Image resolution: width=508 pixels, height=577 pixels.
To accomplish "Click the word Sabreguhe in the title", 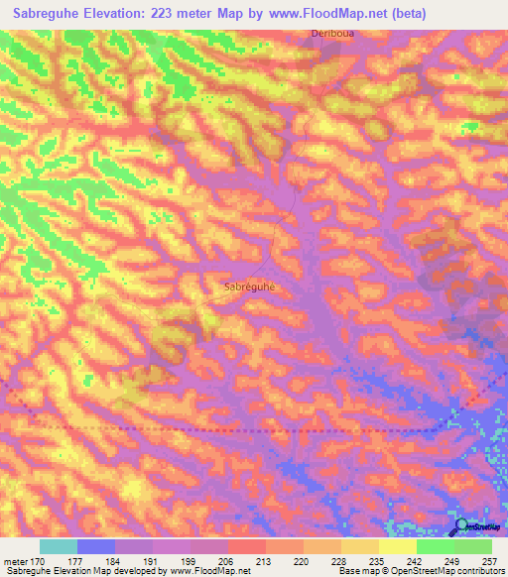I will point(56,13).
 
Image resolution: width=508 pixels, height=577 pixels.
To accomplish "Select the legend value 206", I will point(227,560).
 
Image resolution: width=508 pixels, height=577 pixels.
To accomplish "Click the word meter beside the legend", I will point(15,560).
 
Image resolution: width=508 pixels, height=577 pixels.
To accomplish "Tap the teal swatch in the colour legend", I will point(59,546).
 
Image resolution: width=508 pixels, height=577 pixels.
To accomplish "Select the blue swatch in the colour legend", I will point(96,546).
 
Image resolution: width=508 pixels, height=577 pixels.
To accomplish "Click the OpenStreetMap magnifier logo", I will point(462,527).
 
